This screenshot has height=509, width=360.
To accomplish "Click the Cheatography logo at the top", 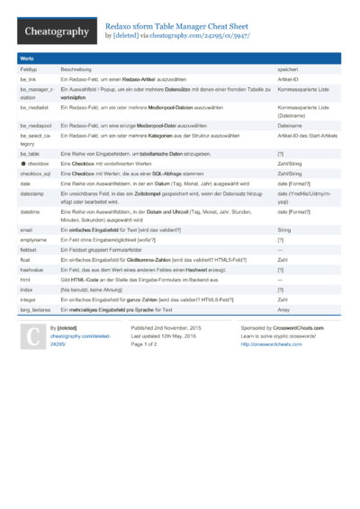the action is point(55,31).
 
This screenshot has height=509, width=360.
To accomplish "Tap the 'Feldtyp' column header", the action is point(29,69).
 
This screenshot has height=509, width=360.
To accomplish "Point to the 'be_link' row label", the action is point(28,80).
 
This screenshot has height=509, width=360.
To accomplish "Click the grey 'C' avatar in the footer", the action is point(32,337).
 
